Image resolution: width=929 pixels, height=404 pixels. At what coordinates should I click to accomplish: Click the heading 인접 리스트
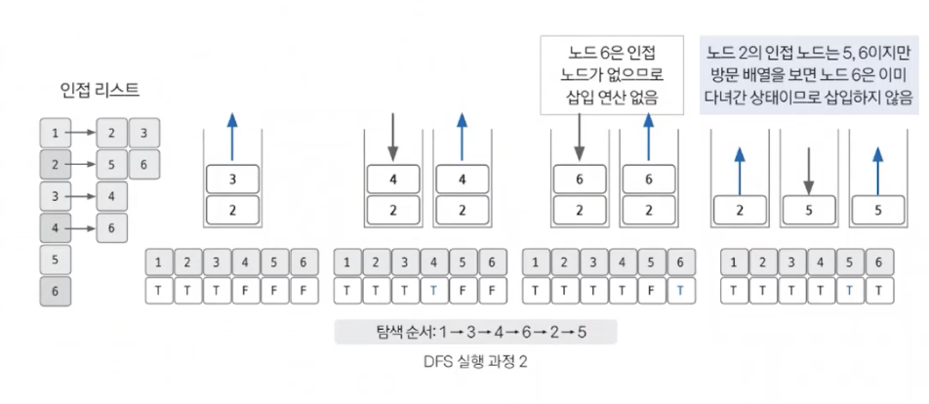[x=100, y=91]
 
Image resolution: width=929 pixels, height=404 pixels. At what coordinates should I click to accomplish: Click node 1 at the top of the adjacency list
[x=56, y=133]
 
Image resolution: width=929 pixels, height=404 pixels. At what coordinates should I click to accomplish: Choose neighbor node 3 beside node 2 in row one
[x=143, y=133]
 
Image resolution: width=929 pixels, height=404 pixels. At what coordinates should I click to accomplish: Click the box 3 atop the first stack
[x=232, y=180]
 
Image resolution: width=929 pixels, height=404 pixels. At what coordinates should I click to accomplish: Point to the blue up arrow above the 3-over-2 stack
[x=232, y=135]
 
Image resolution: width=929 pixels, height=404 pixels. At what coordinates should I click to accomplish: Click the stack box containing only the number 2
[x=741, y=209]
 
